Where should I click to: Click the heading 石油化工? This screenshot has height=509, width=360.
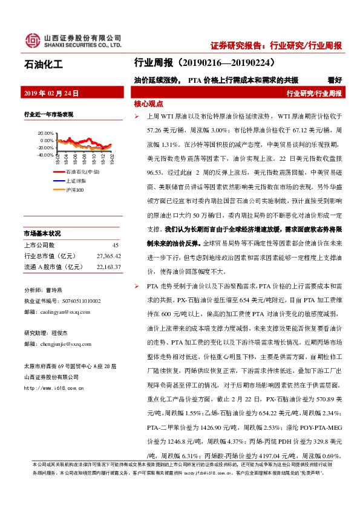(x=43, y=62)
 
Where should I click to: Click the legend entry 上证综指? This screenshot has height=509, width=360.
(x=76, y=181)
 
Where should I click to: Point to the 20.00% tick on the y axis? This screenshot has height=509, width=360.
(x=28, y=133)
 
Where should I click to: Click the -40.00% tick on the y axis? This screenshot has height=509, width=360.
(x=28, y=155)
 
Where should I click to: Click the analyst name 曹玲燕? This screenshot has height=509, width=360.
(x=59, y=290)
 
